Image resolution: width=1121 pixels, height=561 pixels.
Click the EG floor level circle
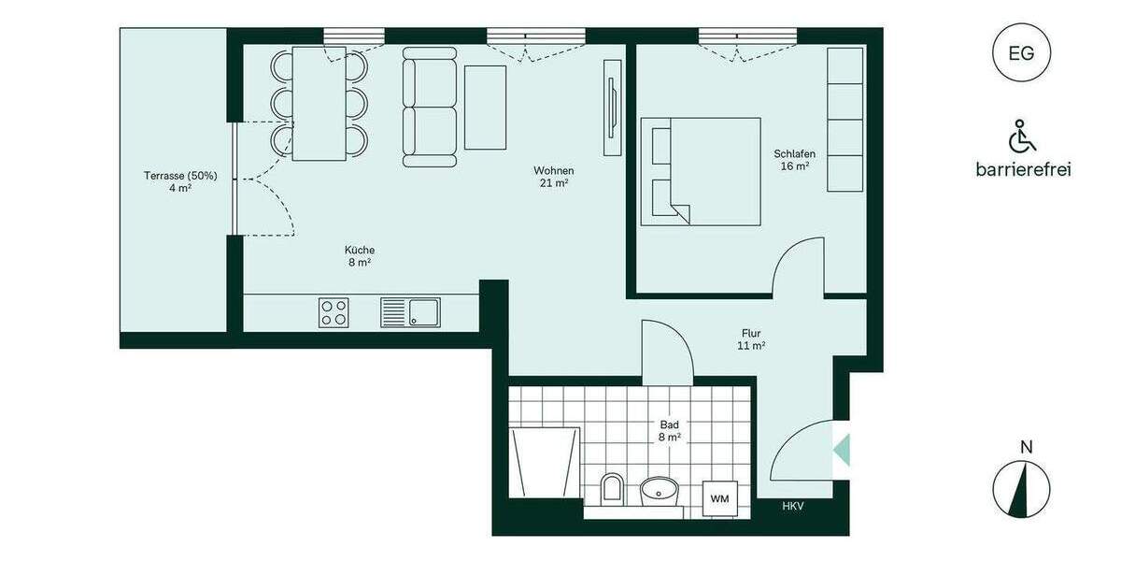tap(1021, 53)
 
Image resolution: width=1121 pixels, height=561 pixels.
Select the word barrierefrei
tap(1022, 169)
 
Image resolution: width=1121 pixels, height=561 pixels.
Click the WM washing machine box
tap(719, 498)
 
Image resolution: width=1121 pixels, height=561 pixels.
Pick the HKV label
tap(793, 506)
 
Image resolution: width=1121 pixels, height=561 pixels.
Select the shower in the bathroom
tap(545, 464)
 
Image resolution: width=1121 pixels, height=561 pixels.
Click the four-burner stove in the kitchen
tap(334, 311)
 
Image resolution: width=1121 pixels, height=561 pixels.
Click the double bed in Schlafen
tap(701, 171)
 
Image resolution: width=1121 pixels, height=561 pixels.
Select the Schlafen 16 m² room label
tap(795, 160)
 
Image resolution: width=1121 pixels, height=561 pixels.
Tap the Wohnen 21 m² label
tap(553, 177)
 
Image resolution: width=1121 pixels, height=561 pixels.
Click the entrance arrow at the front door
tap(842, 447)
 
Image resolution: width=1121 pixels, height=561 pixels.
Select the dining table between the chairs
tap(319, 103)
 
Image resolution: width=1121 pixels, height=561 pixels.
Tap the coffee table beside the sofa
tap(485, 107)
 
